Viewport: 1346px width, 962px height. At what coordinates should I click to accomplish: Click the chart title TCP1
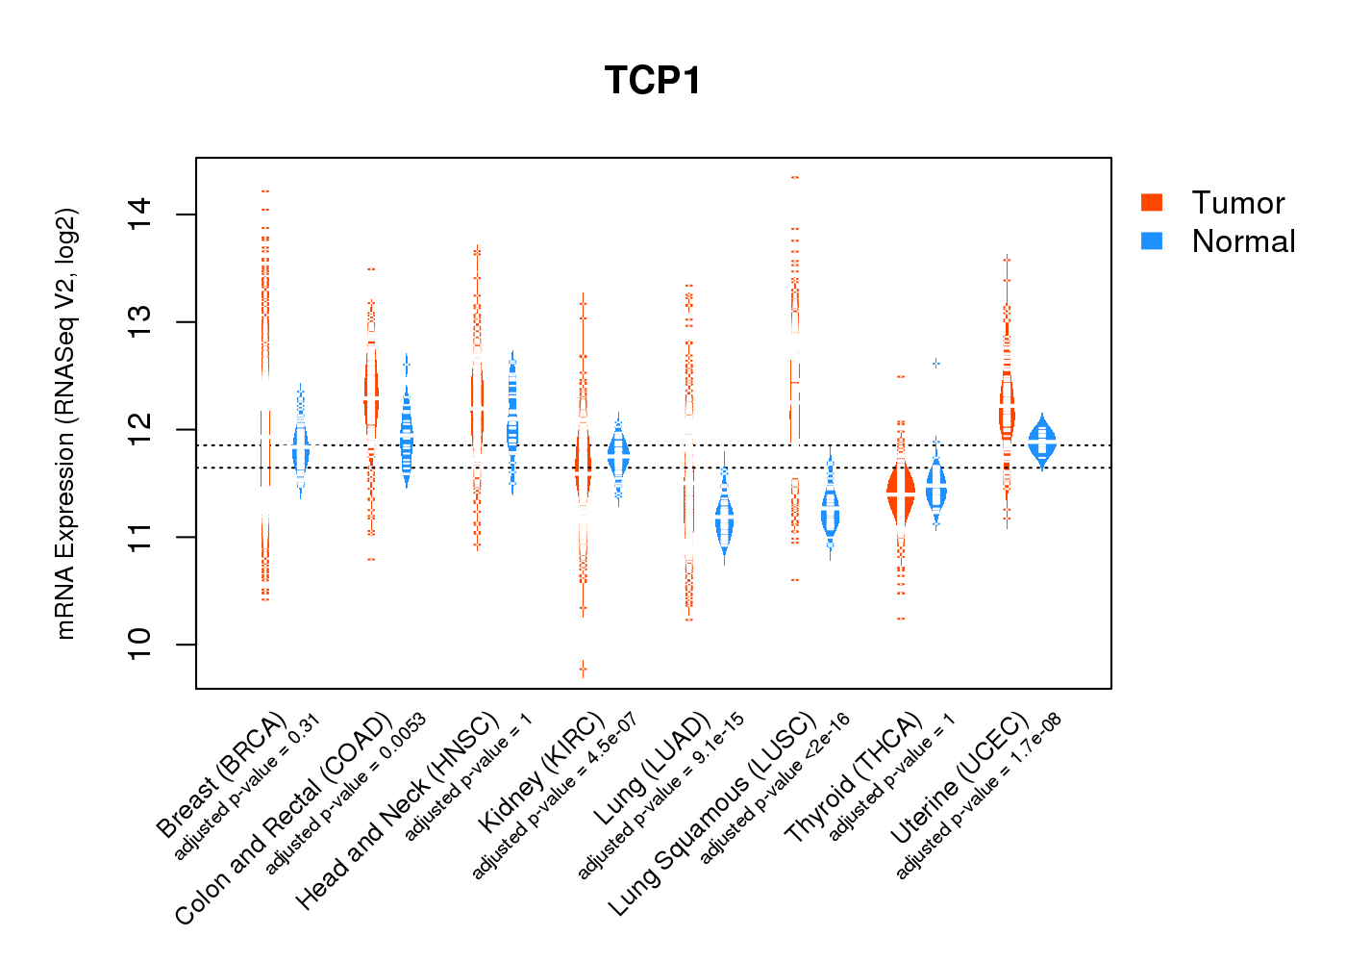pyautogui.click(x=653, y=81)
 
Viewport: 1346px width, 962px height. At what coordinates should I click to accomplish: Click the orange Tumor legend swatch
pyautogui.click(x=1151, y=202)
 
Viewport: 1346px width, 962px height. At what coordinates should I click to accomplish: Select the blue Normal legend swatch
pyautogui.click(x=1151, y=240)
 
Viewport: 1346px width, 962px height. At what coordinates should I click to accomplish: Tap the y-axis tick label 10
pyautogui.click(x=139, y=644)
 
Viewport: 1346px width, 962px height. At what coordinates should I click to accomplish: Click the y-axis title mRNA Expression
pyautogui.click(x=65, y=423)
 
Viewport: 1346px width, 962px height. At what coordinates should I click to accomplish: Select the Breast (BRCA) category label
pyautogui.click(x=221, y=774)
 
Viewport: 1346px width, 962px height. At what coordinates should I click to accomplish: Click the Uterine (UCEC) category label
pyautogui.click(x=960, y=779)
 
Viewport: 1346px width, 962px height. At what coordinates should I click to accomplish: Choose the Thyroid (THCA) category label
pyautogui.click(x=854, y=779)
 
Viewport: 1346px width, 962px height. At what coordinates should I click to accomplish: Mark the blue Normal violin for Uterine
pyautogui.click(x=1041, y=441)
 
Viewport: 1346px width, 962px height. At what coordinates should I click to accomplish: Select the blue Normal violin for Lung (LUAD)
pyautogui.click(x=724, y=520)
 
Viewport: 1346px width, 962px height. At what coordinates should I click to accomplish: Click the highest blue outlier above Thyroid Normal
pyautogui.click(x=935, y=364)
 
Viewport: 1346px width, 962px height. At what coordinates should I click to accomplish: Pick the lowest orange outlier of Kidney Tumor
pyautogui.click(x=583, y=669)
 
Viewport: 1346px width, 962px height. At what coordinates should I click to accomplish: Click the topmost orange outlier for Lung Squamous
pyautogui.click(x=795, y=178)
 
